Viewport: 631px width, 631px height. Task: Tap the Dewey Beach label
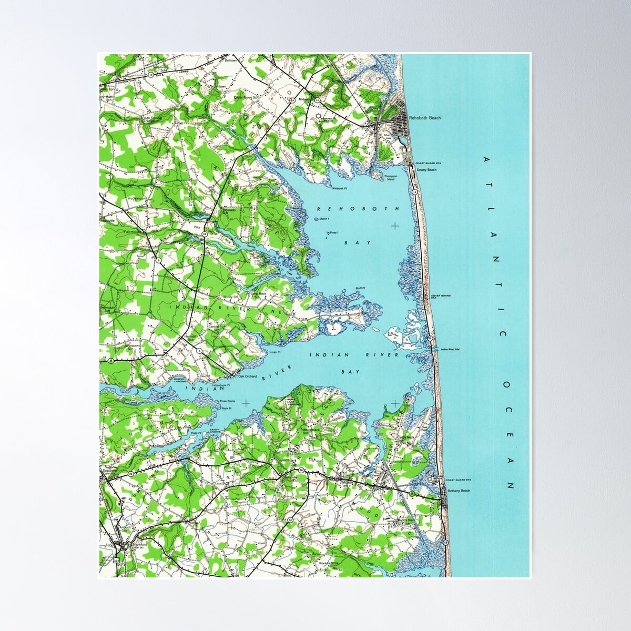(426, 170)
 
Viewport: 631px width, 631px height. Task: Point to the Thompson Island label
(391, 178)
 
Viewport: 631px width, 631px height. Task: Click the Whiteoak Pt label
(340, 187)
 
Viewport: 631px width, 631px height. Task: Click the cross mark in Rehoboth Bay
(395, 226)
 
